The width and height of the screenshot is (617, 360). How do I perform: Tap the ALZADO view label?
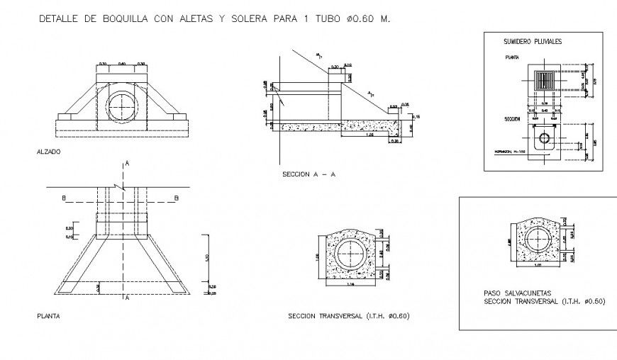click(x=48, y=152)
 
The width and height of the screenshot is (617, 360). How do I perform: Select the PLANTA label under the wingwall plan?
click(x=48, y=316)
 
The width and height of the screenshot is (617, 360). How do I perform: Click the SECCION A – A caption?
click(x=308, y=174)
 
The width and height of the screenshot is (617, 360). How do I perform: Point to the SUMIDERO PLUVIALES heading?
click(x=532, y=42)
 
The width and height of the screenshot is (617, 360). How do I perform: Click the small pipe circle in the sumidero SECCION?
click(x=544, y=138)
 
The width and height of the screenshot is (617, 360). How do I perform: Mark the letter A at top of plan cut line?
click(x=127, y=164)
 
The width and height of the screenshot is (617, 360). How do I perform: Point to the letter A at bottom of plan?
click(x=127, y=298)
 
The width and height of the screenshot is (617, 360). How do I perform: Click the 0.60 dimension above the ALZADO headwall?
click(x=122, y=64)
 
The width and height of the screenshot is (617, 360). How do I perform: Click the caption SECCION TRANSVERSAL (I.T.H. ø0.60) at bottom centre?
click(x=349, y=315)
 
